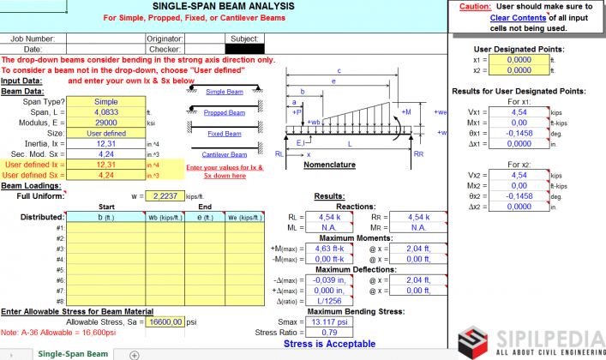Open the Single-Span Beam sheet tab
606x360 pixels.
pos(73,353)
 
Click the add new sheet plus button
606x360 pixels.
pos(134,354)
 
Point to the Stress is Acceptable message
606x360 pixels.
pos(329,344)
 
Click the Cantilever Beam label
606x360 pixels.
pos(224,153)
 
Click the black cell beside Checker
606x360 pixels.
pos(244,49)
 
